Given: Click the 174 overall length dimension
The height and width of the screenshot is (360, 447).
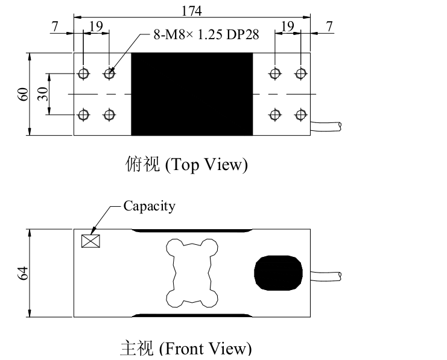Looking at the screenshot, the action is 192,11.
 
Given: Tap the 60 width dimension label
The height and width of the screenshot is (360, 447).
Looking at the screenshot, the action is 23,94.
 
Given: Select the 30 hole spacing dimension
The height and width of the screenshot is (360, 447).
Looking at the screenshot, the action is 43,94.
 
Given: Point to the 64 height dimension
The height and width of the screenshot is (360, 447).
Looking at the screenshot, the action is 23,273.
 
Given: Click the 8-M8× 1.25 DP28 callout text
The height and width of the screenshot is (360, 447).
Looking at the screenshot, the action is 206,35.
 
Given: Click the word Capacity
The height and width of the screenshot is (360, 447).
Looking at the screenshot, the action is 149,206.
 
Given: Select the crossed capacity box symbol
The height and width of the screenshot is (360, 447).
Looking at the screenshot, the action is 90,241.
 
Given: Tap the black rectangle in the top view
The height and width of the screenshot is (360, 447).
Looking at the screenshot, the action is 192,94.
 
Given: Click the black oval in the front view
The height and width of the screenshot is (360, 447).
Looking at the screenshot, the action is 278,273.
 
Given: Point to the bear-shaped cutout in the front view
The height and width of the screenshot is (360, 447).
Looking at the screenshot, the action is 192,273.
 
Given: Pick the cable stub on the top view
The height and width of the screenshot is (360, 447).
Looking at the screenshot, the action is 326,127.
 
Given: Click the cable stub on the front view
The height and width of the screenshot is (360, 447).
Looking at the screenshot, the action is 326,276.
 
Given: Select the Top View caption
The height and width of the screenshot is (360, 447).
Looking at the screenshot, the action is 186,165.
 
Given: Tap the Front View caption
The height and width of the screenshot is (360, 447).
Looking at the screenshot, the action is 186,348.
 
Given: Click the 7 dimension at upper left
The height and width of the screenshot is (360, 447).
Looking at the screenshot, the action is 55,27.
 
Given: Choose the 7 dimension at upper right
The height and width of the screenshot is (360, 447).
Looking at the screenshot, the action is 329,27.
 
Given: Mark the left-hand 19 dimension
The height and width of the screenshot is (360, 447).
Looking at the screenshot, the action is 96,26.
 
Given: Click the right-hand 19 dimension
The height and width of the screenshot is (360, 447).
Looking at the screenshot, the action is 288,26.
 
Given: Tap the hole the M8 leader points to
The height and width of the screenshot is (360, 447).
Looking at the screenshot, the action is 109,74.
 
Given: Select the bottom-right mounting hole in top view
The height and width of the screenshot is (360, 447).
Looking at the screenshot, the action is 300,115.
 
